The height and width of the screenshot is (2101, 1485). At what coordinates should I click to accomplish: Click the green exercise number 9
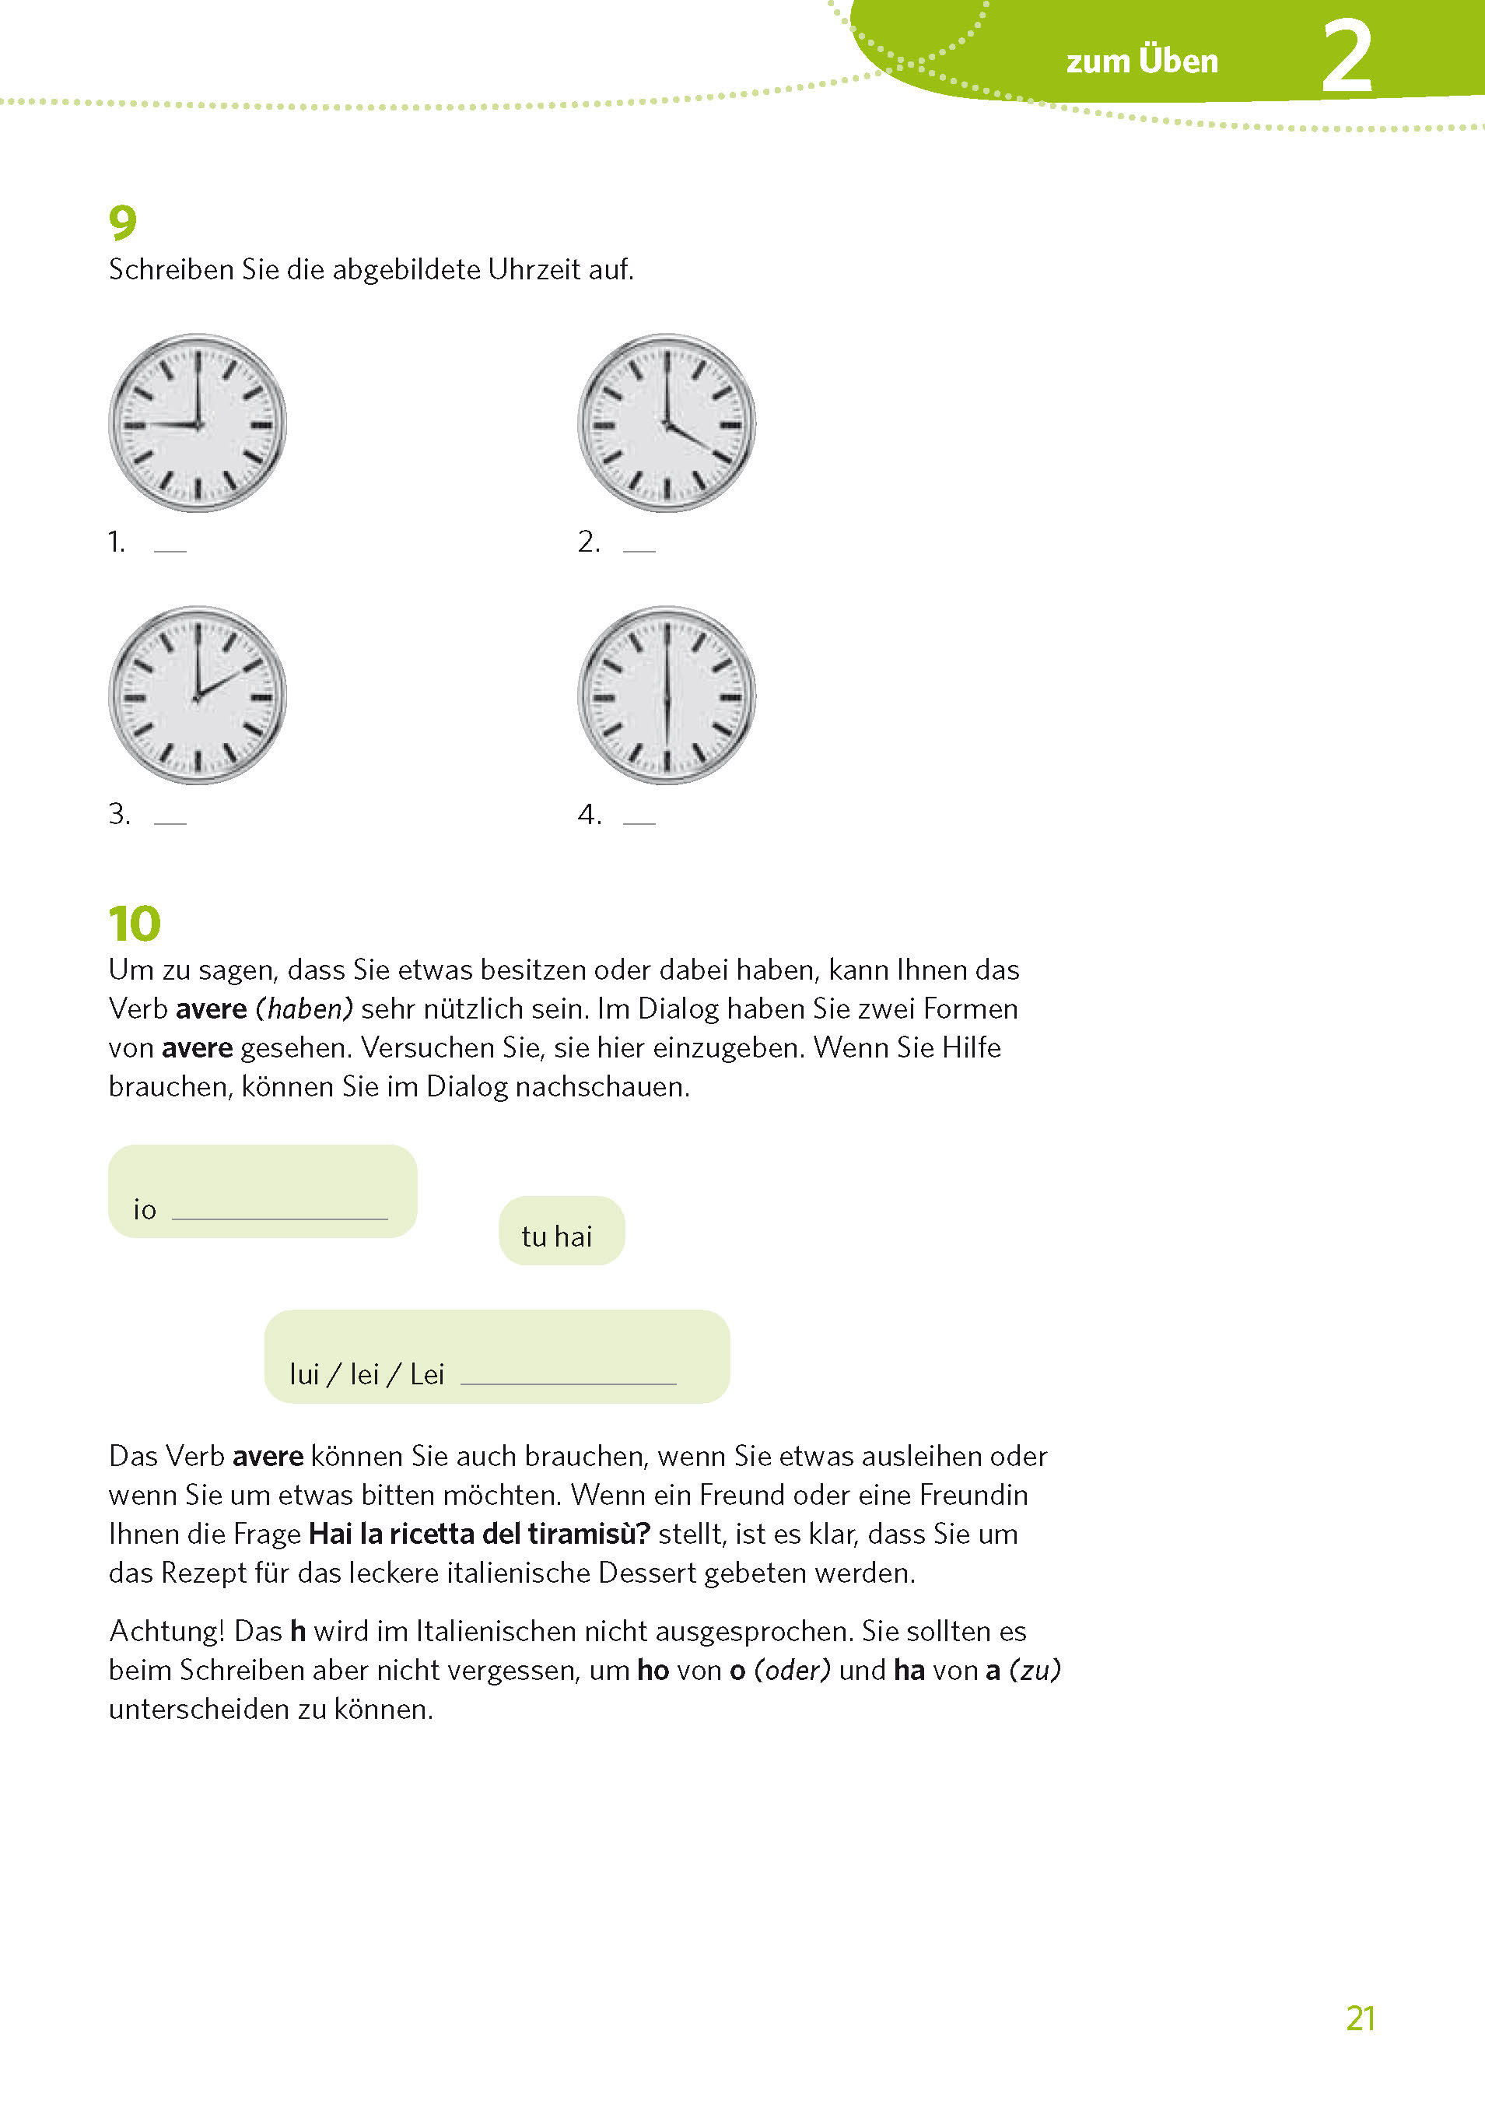123,223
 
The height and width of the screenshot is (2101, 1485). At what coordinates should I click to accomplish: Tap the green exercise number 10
135,924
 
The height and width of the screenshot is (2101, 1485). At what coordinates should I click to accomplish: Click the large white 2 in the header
1347,58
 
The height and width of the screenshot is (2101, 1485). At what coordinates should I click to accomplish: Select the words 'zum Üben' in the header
1142,61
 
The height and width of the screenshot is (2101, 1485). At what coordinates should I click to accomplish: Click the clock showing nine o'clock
198,423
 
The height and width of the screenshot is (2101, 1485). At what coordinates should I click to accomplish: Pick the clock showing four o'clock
667,423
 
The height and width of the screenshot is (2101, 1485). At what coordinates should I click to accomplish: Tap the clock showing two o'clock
198,696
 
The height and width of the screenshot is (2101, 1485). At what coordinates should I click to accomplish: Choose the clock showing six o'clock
667,696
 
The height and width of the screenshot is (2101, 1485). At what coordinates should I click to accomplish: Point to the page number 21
1361,2018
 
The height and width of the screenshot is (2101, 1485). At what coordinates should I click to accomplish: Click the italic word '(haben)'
304,1008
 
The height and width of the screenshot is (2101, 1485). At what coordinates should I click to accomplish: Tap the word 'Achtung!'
167,1631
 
